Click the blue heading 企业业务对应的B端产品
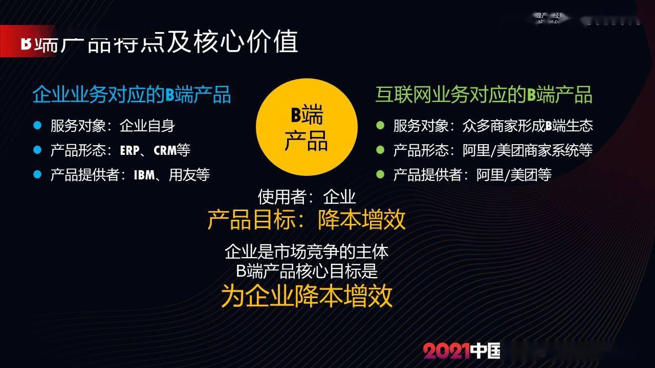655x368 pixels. click(x=132, y=95)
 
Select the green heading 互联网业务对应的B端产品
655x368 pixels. click(x=484, y=95)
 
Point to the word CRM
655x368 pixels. click(x=165, y=150)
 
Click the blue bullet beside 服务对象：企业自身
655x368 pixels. click(x=37, y=125)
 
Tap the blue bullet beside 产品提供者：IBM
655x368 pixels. click(x=37, y=174)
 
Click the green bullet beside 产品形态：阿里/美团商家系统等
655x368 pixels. click(x=380, y=150)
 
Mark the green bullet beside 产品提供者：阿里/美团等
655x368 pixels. click(x=380, y=174)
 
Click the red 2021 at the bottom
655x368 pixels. click(x=446, y=351)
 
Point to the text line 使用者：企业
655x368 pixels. click(x=307, y=196)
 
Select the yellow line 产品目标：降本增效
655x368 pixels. click(x=307, y=220)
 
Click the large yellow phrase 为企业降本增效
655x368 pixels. click(x=307, y=295)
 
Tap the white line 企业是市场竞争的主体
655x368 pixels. click(x=307, y=251)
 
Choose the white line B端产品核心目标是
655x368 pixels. click(x=307, y=270)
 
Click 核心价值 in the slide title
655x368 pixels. click(x=246, y=42)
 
